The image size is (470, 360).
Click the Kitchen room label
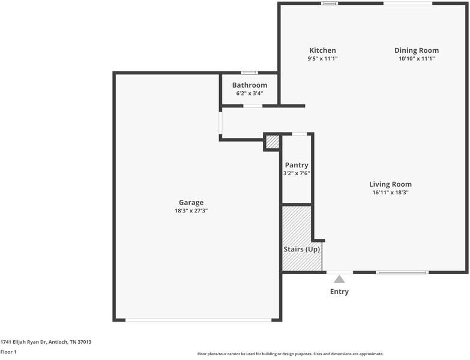322,50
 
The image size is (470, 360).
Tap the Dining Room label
417,50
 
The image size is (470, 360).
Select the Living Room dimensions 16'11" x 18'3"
390,192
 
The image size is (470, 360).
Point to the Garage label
191,202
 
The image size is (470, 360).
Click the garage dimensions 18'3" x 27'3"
191,211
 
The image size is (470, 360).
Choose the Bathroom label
250,85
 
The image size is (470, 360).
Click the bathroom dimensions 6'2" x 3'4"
250,93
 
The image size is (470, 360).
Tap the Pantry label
297,165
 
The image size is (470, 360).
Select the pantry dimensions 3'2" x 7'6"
297,173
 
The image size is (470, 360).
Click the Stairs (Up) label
302,249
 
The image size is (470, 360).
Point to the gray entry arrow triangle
339,280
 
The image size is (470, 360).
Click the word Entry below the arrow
339,292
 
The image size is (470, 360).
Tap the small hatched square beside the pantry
273,142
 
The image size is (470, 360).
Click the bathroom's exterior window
249,73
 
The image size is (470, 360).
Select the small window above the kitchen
330,3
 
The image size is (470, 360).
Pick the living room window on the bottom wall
402,272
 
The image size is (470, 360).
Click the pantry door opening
300,134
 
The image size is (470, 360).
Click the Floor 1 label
8,352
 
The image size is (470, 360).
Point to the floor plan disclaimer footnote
290,354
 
